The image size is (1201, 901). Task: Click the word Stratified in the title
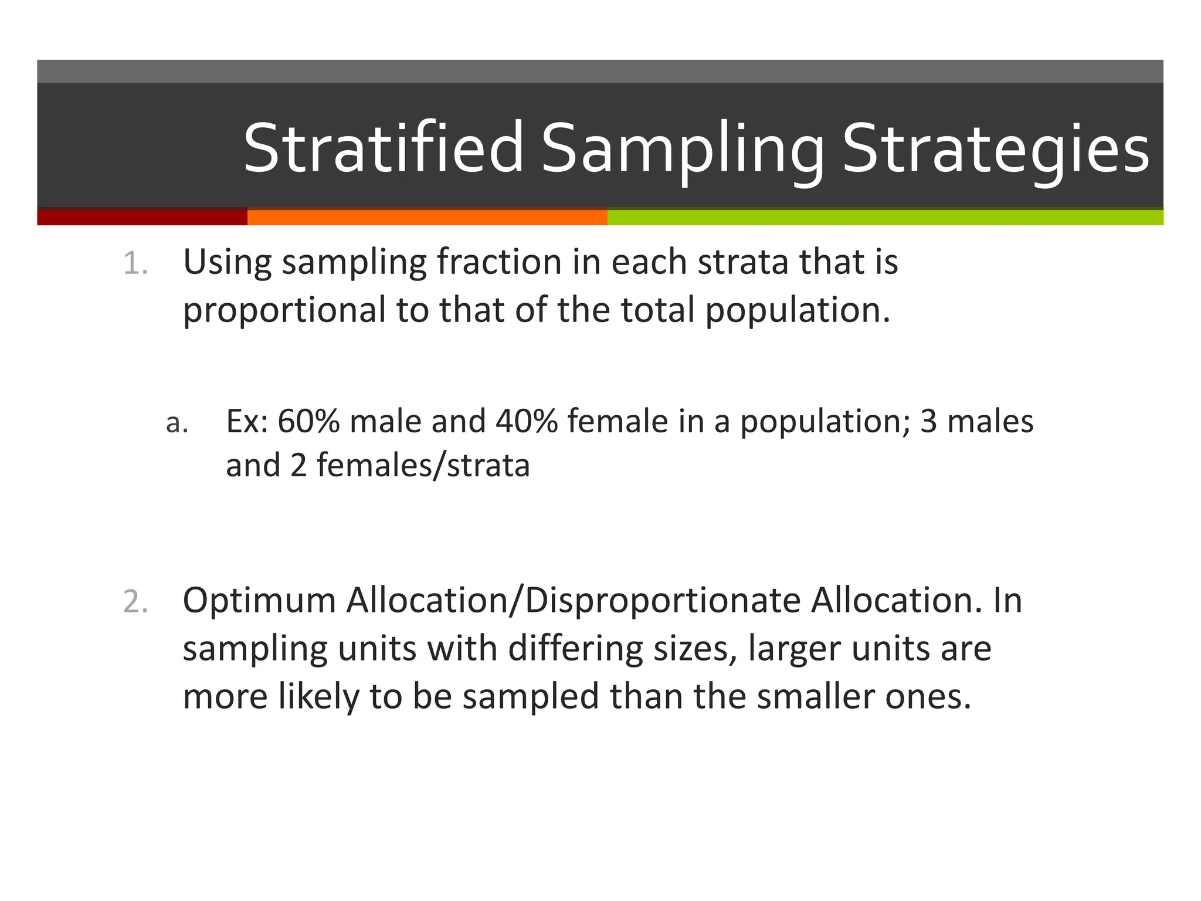pos(382,148)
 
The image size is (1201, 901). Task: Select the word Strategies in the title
pos(995,148)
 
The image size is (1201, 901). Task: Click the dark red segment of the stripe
pos(142,217)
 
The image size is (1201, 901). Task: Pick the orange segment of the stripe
pos(427,217)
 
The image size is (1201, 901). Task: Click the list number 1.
pos(135,263)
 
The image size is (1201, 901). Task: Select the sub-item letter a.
pos(177,422)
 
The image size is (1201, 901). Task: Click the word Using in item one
pos(228,262)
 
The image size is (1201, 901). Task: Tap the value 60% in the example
pos(308,421)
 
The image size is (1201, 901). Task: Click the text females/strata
pos(423,466)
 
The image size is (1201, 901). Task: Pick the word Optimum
pos(259,601)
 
